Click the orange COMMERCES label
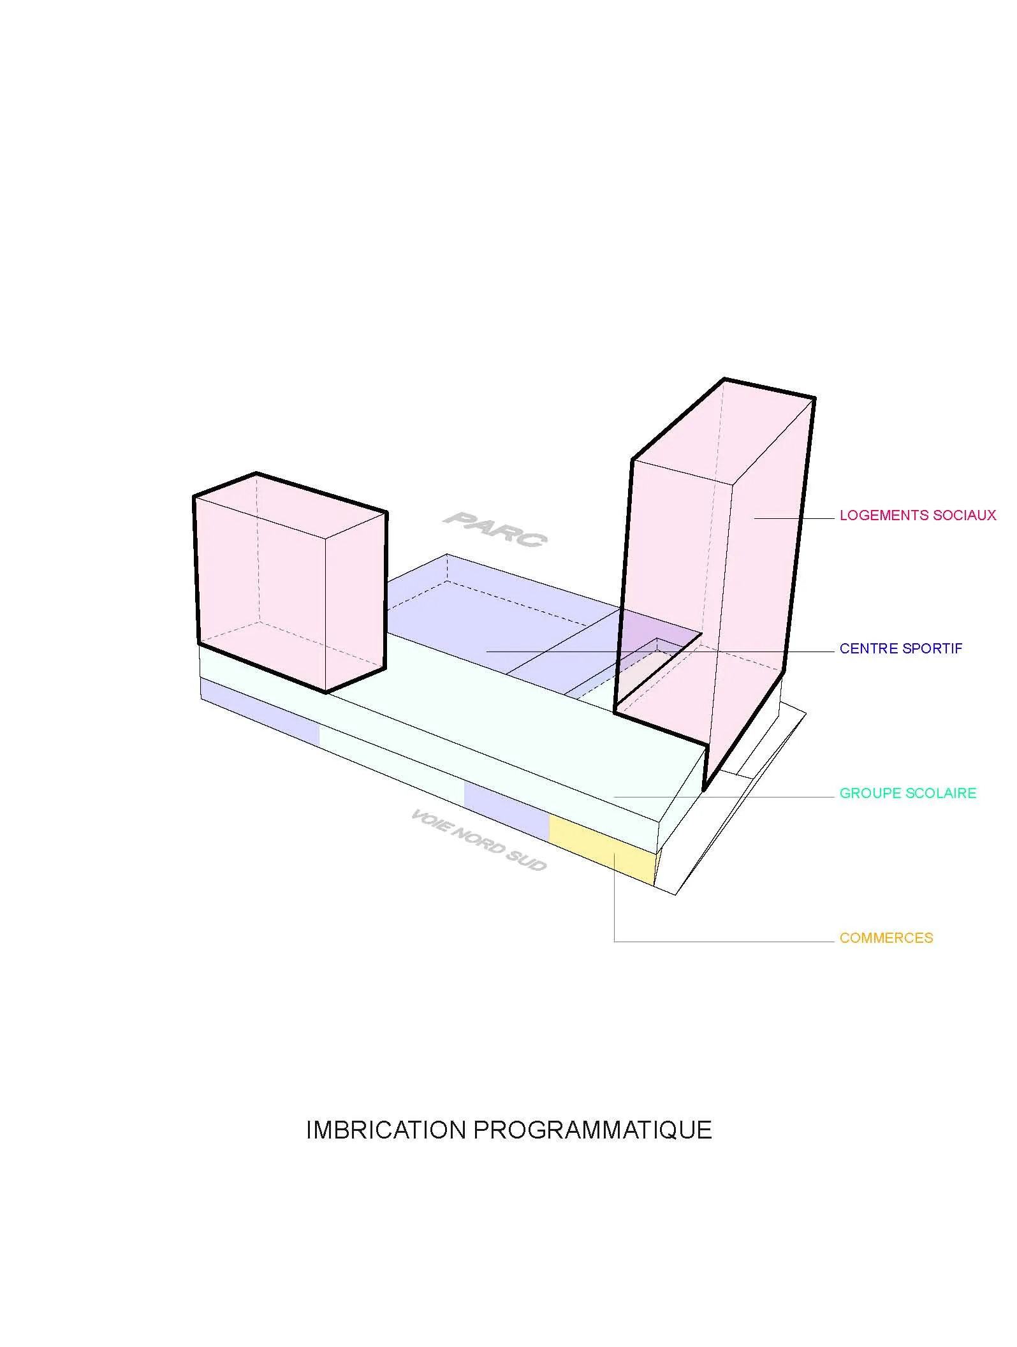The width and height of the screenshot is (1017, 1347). click(886, 938)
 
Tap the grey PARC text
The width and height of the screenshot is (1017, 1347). click(495, 529)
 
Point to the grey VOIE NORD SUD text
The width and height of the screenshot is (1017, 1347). click(478, 840)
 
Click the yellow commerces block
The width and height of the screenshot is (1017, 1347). click(603, 852)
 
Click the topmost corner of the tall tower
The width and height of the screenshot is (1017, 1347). click(724, 380)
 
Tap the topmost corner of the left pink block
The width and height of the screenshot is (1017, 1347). click(256, 474)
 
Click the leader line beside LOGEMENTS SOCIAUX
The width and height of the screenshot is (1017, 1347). click(794, 519)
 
